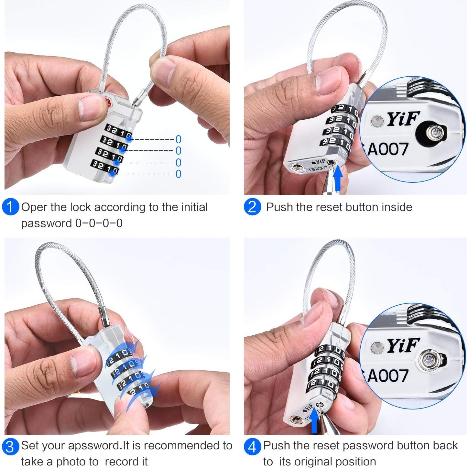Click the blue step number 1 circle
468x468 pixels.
(x=10, y=207)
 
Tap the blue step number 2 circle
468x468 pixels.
(x=252, y=207)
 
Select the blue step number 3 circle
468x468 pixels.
(x=10, y=447)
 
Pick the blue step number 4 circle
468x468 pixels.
(x=252, y=447)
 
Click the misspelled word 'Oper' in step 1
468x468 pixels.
(x=34, y=207)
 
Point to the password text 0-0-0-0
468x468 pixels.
(x=99, y=223)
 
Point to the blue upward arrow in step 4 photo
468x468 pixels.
(x=314, y=422)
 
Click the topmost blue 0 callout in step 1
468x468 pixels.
(x=178, y=139)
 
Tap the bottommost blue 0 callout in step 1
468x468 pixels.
(x=178, y=174)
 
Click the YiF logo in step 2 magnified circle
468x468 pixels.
(x=403, y=118)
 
